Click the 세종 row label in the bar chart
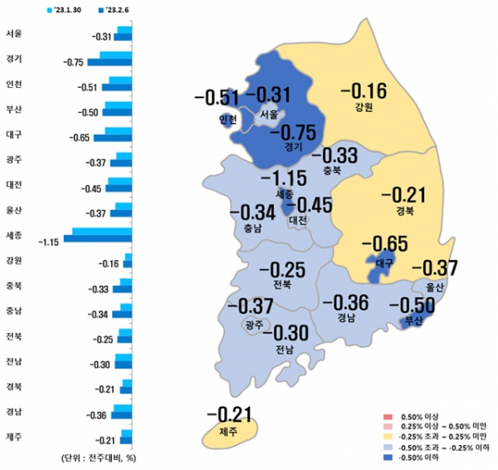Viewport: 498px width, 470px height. tap(13, 235)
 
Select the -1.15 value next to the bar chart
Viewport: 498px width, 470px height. tap(49, 242)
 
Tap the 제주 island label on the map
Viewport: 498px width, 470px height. tap(227, 432)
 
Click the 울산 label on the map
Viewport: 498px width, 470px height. tap(435, 286)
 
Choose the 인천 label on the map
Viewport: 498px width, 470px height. tap(227, 120)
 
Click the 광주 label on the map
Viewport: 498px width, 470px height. tap(253, 325)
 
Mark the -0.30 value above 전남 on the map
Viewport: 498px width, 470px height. tap(285, 332)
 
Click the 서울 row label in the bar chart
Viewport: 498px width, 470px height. tap(13, 34)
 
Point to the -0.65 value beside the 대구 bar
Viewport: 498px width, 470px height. tap(81, 137)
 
